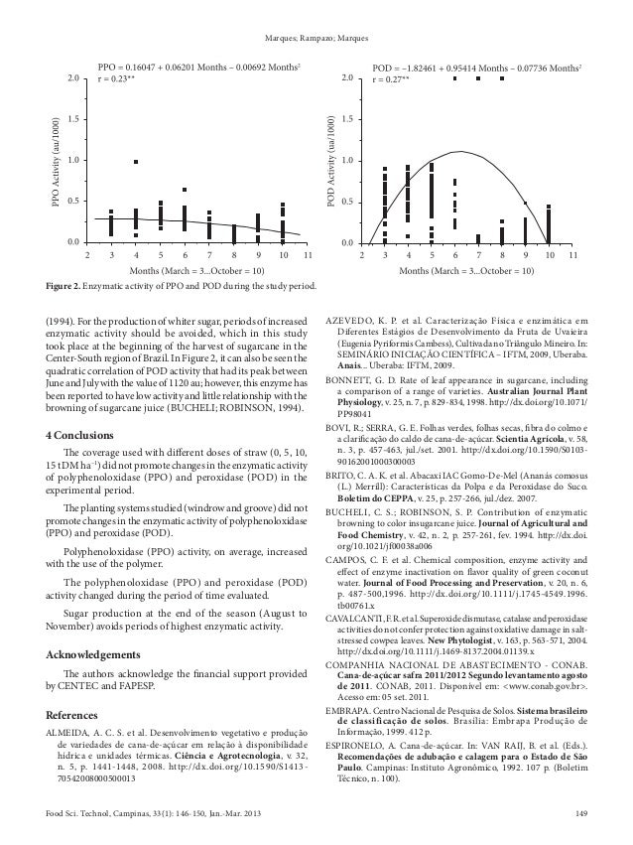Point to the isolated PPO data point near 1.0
tap(136, 161)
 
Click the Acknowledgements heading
tap(99, 656)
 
